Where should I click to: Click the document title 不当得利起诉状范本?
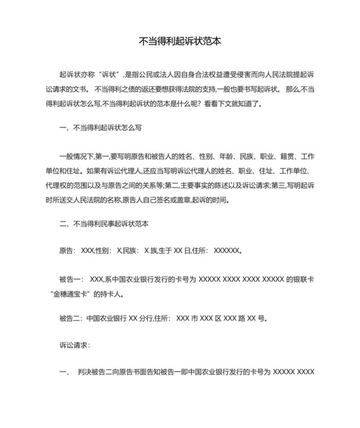pyautogui.click(x=181, y=40)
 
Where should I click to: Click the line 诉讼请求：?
pyautogui.click(x=75, y=346)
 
